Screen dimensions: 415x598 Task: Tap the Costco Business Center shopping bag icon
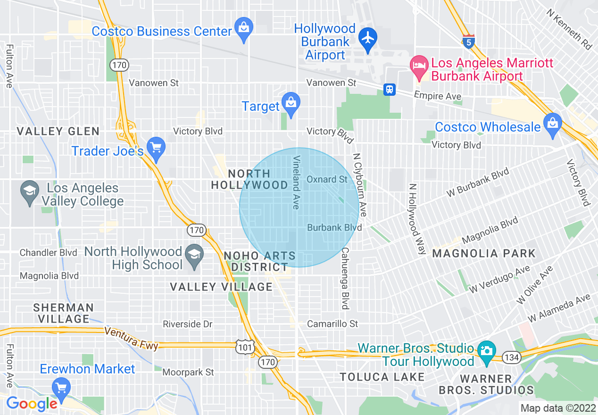tap(244, 27)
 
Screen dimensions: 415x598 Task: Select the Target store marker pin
tap(291, 102)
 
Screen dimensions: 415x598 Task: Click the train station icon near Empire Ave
tap(389, 90)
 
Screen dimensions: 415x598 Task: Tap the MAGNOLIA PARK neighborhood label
tap(484, 253)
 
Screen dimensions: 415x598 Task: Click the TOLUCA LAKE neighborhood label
tap(382, 377)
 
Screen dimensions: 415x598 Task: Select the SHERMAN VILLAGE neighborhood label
tap(64, 313)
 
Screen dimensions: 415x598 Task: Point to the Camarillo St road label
tap(332, 324)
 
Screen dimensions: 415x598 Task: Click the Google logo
tap(32, 404)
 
